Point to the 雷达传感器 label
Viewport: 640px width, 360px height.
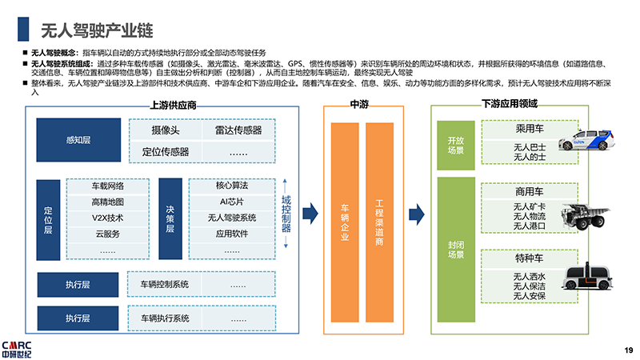[x=238, y=130]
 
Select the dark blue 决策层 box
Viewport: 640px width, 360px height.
[x=170, y=218]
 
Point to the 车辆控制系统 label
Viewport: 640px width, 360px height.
[x=165, y=284]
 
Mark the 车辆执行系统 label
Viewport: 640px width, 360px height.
[x=165, y=318]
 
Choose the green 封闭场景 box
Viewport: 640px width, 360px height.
[x=454, y=250]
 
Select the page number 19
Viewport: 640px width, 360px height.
[x=628, y=349]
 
